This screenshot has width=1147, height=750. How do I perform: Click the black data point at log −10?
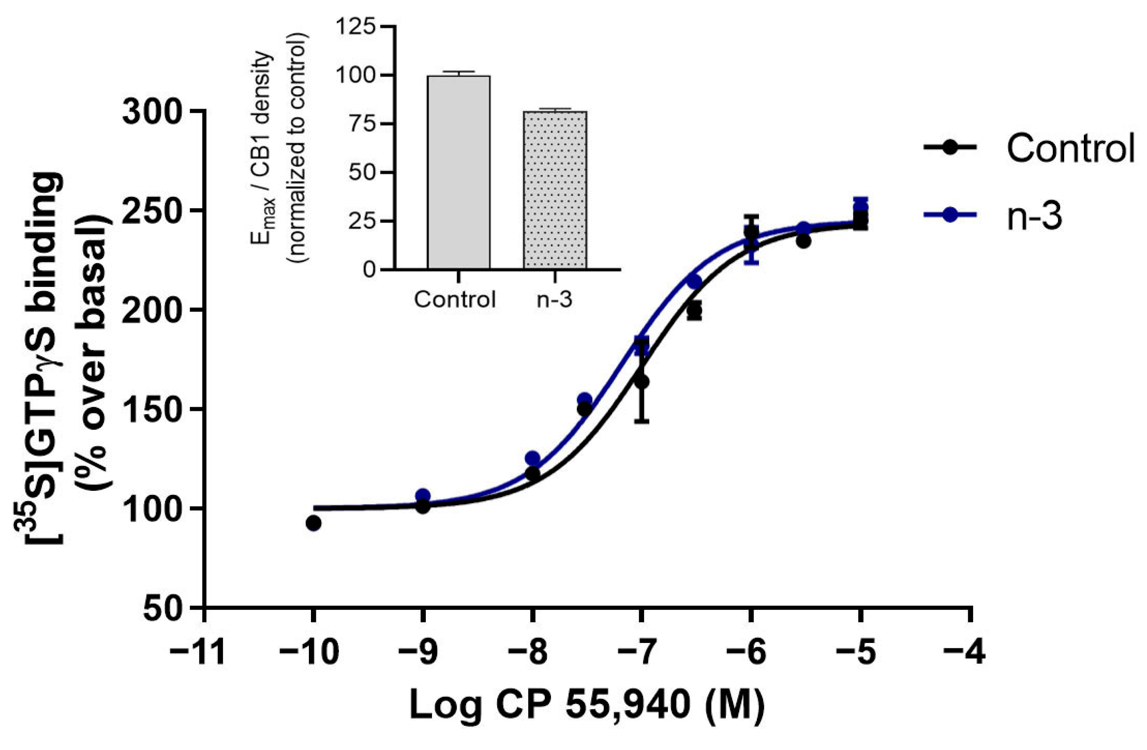pyautogui.click(x=313, y=523)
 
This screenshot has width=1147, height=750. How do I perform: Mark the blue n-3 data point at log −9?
pyautogui.click(x=423, y=495)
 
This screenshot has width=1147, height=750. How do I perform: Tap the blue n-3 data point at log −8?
pyautogui.click(x=532, y=458)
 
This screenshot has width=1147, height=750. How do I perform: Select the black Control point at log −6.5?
pyautogui.click(x=694, y=311)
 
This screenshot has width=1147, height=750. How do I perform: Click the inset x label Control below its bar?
pyautogui.click(x=455, y=300)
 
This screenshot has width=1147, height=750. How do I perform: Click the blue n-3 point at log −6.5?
pyautogui.click(x=694, y=282)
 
